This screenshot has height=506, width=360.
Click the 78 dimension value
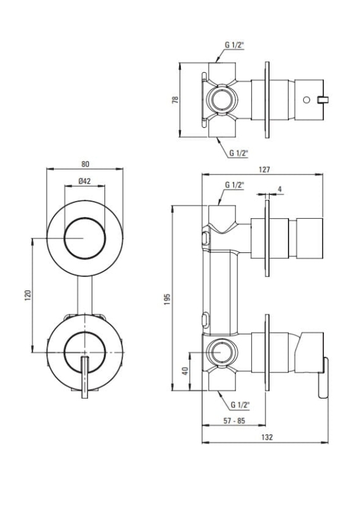pos(175,99)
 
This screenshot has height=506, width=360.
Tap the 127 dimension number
pos(264,170)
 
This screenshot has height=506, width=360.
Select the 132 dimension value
pos(267,437)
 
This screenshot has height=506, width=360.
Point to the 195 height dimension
pos(167,299)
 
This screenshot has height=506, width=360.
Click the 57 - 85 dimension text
pos(234,421)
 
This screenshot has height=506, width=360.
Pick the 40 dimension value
pos(185,371)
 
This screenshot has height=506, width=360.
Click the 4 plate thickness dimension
pos(280,189)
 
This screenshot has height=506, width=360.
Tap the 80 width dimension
pos(85,164)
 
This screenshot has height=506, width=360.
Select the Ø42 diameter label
pos(85,181)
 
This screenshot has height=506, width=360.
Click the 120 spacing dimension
pos(28,295)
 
